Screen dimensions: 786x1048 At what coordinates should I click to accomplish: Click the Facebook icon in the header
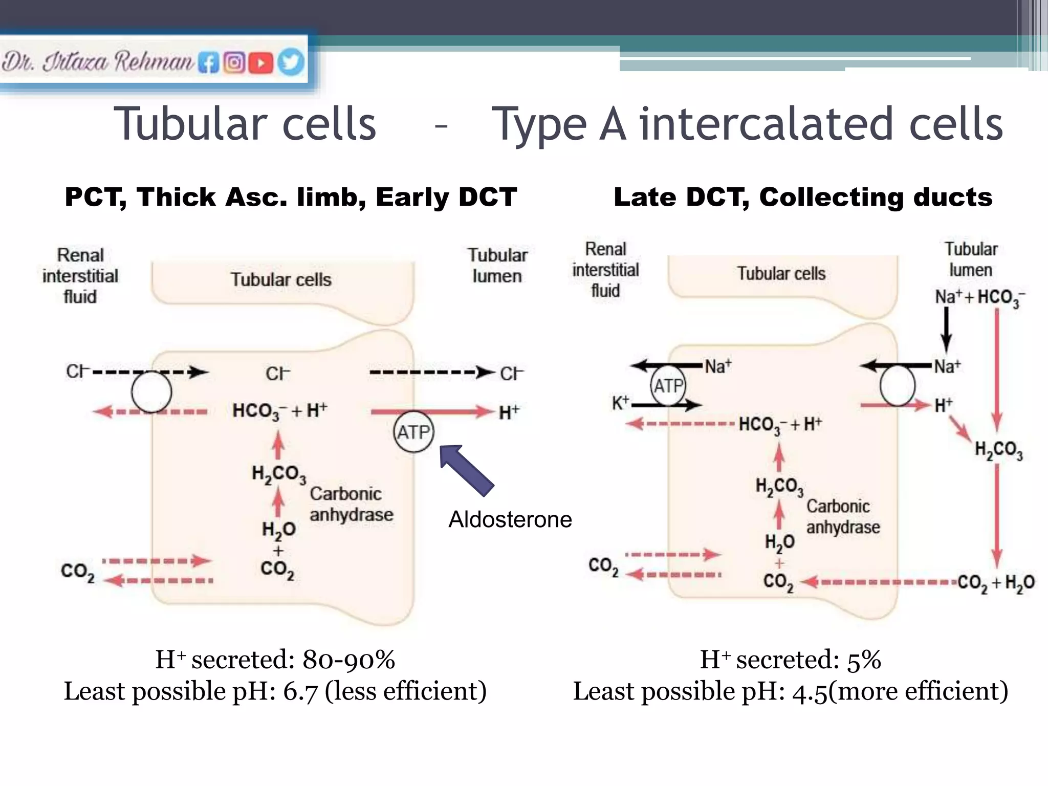pyautogui.click(x=208, y=63)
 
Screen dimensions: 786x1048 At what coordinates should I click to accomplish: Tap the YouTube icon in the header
pyautogui.click(x=260, y=63)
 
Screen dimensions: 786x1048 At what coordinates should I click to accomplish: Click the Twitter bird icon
pyautogui.click(x=291, y=62)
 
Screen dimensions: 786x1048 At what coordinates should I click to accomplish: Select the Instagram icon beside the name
pyautogui.click(x=234, y=63)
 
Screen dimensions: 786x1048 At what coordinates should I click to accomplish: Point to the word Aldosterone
pyautogui.click(x=510, y=519)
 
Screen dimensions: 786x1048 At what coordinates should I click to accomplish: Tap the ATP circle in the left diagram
pyautogui.click(x=413, y=432)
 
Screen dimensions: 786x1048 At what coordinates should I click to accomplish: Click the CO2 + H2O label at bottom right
pyautogui.click(x=995, y=582)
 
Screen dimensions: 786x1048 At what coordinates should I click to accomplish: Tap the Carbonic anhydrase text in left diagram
pyautogui.click(x=351, y=504)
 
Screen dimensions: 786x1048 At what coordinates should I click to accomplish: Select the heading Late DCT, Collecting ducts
pyautogui.click(x=802, y=198)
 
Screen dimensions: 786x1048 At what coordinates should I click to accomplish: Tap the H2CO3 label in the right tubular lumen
pyautogui.click(x=998, y=450)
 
